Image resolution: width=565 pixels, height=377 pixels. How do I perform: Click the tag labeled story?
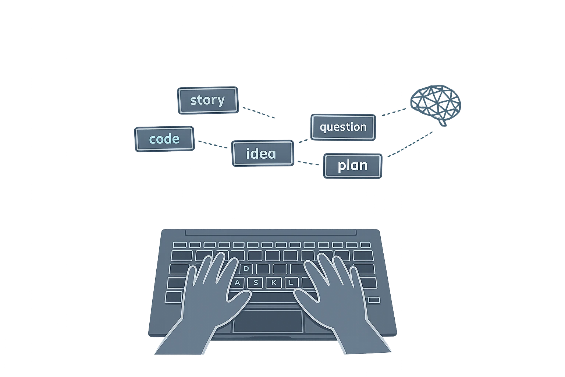tap(208, 100)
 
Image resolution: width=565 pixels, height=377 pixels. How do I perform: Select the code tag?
tap(164, 139)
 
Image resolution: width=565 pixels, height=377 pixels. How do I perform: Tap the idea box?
tap(263, 153)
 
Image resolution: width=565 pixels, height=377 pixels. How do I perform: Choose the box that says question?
tap(343, 127)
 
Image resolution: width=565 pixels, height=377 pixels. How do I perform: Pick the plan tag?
tap(353, 166)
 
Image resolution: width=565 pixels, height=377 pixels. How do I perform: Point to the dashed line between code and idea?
tap(213, 144)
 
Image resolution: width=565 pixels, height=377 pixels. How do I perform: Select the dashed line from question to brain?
tap(394, 112)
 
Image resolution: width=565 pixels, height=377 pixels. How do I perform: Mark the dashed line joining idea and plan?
tap(308, 163)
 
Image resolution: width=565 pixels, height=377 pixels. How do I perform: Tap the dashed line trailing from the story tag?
tap(259, 113)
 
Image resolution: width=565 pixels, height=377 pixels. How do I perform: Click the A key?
tap(237, 282)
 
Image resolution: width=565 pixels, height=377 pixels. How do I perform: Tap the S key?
tap(256, 282)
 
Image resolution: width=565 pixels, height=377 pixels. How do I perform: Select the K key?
tap(274, 282)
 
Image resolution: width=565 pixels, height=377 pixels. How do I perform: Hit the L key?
tap(291, 282)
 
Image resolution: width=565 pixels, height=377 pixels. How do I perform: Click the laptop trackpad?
tap(268, 321)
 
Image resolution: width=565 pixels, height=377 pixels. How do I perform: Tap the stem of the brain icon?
tap(443, 123)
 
